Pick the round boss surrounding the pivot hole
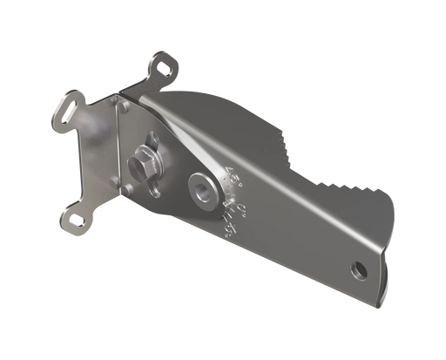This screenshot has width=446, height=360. click(202, 189)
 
